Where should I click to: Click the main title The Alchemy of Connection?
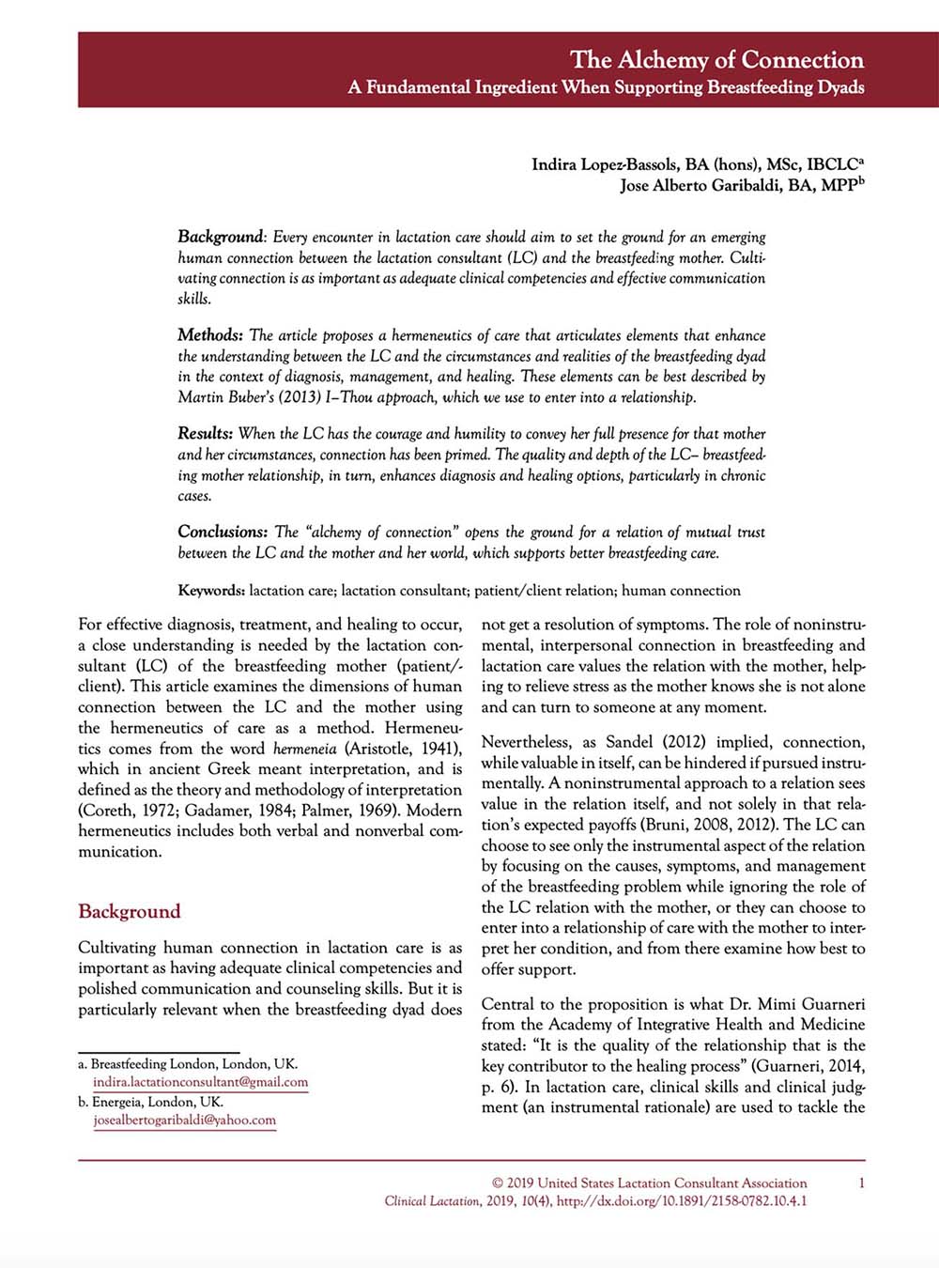click(x=716, y=60)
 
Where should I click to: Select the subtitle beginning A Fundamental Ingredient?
click(x=606, y=87)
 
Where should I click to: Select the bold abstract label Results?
click(x=205, y=434)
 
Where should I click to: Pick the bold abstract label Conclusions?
click(x=223, y=532)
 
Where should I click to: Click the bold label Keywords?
click(x=211, y=591)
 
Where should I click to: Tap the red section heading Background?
click(x=129, y=911)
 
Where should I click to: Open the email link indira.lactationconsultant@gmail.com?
click(x=200, y=1082)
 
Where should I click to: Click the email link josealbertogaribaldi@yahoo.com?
click(x=184, y=1120)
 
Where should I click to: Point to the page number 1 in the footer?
click(x=861, y=1183)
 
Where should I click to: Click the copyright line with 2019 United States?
click(x=649, y=1183)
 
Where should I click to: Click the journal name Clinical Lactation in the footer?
click(x=431, y=1201)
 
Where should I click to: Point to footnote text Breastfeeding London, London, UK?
click(x=193, y=1064)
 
